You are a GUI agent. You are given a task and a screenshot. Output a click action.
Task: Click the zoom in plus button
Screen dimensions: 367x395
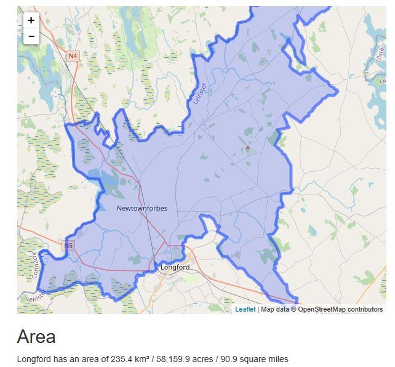(31, 20)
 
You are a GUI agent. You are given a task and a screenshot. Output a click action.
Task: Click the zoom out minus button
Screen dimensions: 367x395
(31, 36)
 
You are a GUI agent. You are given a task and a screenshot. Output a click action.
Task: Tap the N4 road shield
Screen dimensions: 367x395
(73, 56)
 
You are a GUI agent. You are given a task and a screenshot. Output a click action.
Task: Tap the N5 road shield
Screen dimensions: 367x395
(68, 246)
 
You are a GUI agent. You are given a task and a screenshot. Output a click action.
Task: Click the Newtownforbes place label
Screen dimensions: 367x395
(142, 208)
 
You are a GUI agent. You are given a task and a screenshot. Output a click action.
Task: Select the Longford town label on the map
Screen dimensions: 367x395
(175, 268)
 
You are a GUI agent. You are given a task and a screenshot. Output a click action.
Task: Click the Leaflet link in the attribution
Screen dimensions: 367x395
(245, 309)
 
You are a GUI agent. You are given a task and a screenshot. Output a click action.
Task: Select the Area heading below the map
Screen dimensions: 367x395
(36, 337)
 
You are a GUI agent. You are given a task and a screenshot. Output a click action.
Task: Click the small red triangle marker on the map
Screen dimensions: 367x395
(248, 148)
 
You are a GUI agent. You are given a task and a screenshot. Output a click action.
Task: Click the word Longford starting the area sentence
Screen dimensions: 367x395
(34, 359)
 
